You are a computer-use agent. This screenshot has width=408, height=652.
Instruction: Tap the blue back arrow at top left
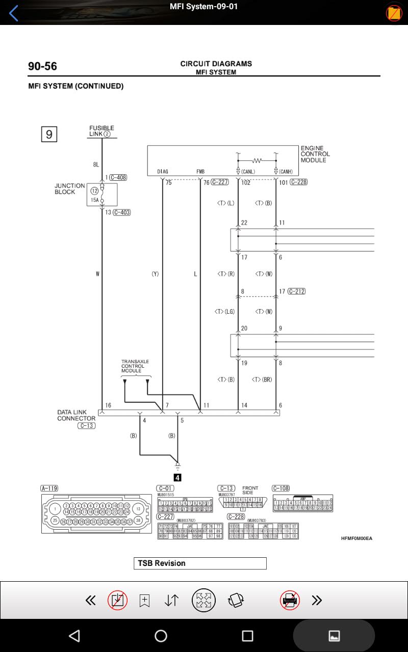point(14,13)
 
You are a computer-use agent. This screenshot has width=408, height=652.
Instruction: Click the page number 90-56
point(42,66)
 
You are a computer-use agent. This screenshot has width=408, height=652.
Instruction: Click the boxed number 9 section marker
point(49,134)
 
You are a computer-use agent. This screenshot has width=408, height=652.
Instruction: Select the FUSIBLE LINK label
point(101,131)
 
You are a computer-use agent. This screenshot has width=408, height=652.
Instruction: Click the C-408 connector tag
point(118,178)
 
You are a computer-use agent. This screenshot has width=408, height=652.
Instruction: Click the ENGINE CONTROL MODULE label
point(315,154)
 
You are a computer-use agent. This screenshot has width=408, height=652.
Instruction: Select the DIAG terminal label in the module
point(163,172)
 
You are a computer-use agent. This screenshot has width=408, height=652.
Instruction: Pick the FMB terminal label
point(200,172)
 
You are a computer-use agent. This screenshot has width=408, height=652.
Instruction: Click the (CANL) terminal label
point(248,172)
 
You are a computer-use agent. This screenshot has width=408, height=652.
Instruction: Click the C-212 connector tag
point(296,291)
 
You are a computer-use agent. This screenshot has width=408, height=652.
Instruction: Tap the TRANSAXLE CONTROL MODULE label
point(135,366)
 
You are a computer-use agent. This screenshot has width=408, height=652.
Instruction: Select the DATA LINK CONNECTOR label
point(76,415)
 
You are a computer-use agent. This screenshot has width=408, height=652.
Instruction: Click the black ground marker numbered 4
point(177,478)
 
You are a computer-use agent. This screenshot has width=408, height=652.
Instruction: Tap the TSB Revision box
point(200,563)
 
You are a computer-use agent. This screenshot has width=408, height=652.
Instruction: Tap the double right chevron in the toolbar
point(317,600)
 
